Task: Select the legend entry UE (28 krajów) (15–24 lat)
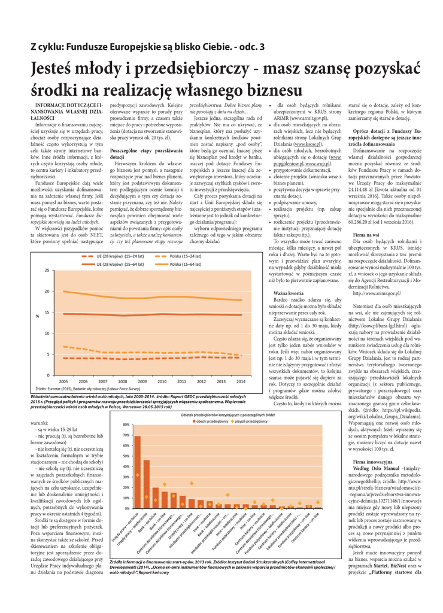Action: (x=116, y=256)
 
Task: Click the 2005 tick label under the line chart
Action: (x=63, y=381)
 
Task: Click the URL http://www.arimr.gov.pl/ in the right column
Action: (x=377, y=293)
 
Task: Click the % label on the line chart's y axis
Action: (x=37, y=315)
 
